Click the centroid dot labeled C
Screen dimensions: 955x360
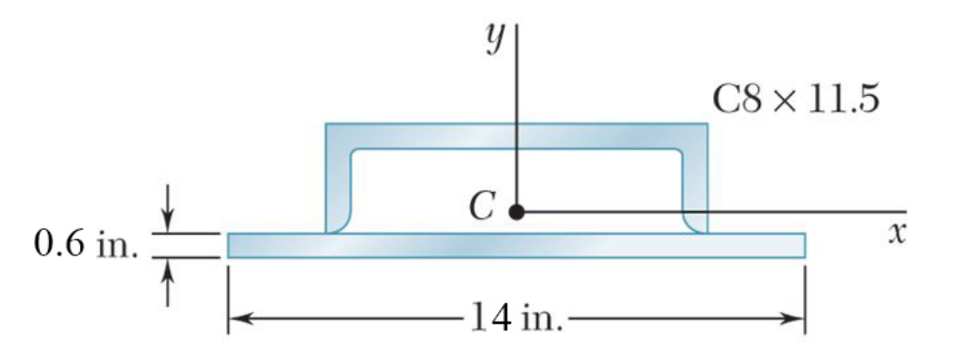517,211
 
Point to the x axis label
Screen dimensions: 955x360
894,235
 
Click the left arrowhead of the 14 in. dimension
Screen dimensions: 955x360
239,318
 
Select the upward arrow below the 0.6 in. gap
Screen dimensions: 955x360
168,274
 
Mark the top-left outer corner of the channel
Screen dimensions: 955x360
327,125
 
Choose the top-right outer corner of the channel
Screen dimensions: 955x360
705,125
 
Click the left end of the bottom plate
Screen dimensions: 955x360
230,246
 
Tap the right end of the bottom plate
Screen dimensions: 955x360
803,246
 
